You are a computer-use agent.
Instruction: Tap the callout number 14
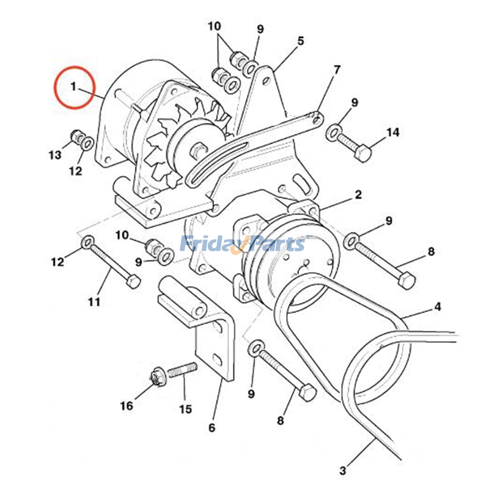tap(392, 132)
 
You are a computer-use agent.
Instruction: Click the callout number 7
tap(337, 70)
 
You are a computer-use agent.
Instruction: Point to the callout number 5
tap(300, 40)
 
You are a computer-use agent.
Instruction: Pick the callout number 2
tap(358, 194)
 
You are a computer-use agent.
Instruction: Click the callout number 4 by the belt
tap(438, 307)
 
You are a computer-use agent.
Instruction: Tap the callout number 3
tap(343, 470)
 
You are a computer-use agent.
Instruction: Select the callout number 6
tap(211, 427)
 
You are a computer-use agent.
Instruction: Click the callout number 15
tap(185, 409)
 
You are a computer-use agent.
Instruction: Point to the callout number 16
tap(127, 406)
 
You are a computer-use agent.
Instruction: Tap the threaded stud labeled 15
tap(183, 370)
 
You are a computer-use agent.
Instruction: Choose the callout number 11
tap(94, 301)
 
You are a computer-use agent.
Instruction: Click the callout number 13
tap(55, 155)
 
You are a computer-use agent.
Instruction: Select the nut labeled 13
tap(76, 136)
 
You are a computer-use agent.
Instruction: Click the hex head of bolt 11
tap(133, 282)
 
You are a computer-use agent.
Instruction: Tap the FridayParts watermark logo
tap(243, 244)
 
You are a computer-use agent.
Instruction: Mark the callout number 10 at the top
tap(215, 26)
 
